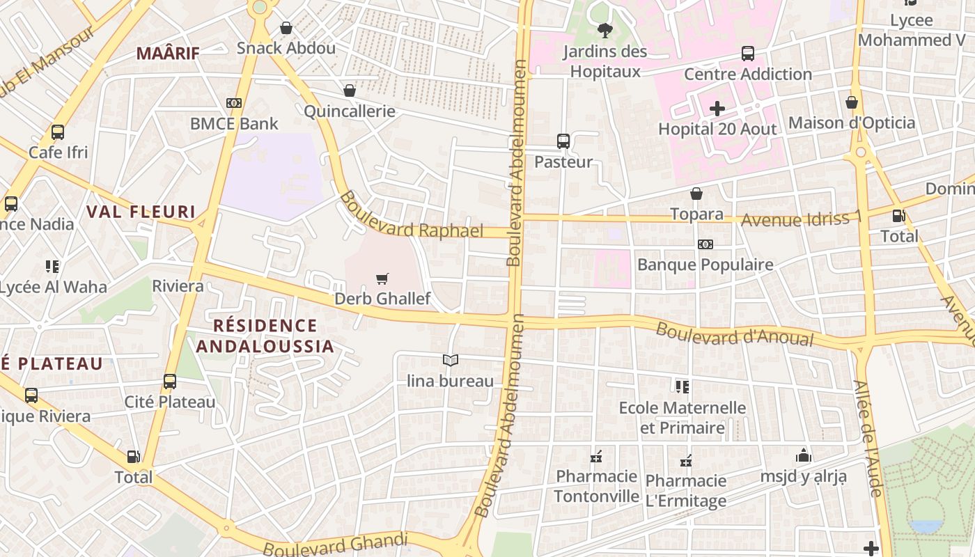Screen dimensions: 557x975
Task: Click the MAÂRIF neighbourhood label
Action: point(168,53)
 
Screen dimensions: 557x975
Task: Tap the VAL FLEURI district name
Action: point(141,212)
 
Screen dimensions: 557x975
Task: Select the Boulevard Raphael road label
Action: point(411,217)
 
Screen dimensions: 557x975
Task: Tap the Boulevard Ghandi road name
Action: point(335,544)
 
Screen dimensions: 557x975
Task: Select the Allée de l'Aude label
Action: point(868,438)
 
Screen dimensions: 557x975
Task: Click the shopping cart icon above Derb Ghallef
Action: point(382,279)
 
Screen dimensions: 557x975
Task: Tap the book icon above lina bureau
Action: point(450,360)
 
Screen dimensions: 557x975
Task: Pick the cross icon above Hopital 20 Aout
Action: point(717,109)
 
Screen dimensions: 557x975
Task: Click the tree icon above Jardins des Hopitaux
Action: point(604,31)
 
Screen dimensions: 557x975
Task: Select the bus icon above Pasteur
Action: point(563,141)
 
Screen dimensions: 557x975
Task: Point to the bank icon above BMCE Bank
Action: point(234,103)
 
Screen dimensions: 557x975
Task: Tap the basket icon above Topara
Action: point(696,194)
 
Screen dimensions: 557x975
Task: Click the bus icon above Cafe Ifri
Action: point(58,132)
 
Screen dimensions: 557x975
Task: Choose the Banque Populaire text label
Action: point(705,265)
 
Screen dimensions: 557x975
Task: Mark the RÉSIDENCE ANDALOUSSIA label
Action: point(265,336)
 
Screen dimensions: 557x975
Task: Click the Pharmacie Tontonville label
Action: point(596,486)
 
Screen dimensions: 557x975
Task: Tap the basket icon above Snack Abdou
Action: point(286,28)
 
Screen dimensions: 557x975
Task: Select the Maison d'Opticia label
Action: point(851,123)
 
